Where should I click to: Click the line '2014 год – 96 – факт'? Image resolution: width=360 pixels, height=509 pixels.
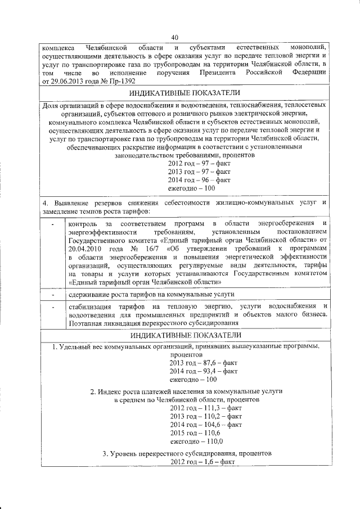pyautogui.click(x=200, y=180)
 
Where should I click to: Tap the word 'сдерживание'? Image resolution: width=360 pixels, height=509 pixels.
pyautogui.click(x=90, y=294)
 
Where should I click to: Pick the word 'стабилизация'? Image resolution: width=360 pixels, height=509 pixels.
pyautogui.click(x=89, y=306)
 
